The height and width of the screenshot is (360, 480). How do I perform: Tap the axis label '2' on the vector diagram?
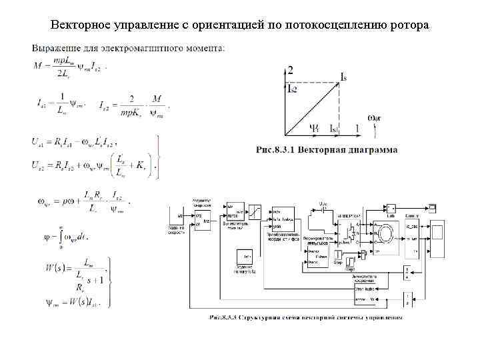290,69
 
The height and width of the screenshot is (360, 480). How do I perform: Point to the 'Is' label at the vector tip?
343,78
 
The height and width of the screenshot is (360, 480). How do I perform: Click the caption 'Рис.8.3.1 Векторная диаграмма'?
326,149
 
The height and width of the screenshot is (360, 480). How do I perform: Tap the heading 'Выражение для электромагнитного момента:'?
128,48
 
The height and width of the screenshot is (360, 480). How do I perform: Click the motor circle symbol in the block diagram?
385,235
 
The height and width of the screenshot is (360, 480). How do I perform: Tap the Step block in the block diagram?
339,255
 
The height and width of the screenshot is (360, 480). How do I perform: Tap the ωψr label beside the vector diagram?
375,118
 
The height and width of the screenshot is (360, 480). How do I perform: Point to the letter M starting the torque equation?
36,65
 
